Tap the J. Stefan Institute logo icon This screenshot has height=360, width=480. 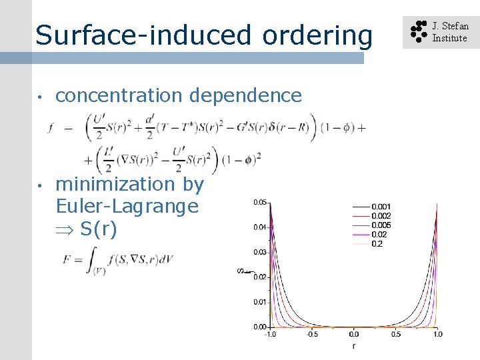click(x=418, y=32)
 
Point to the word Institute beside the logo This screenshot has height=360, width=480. click(x=450, y=39)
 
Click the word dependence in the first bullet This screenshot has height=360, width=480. click(x=246, y=96)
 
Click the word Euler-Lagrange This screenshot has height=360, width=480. click(x=127, y=207)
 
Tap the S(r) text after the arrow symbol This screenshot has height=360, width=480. click(x=98, y=229)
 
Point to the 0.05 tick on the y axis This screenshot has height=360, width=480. click(x=260, y=202)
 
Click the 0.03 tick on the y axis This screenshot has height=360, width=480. click(x=260, y=252)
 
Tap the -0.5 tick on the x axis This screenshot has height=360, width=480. click(x=311, y=334)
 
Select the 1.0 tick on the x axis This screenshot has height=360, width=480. click(x=437, y=334)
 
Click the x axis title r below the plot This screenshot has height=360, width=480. click(x=353, y=347)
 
